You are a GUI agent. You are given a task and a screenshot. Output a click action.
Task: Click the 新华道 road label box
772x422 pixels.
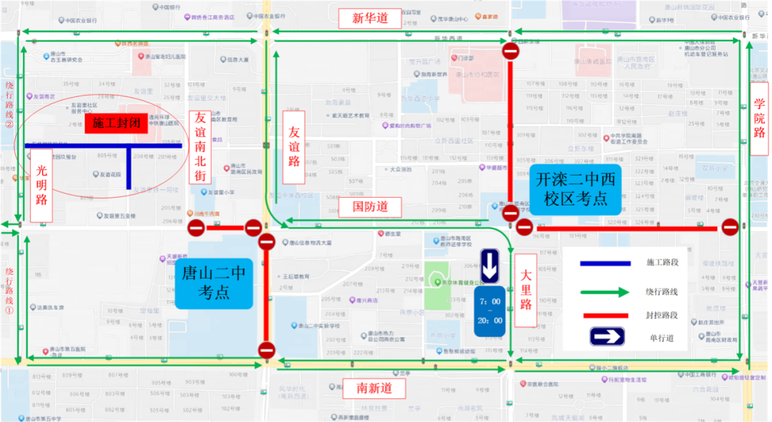pyautogui.click(x=370, y=19)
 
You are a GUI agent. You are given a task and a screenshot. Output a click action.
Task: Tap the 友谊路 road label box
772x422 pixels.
pyautogui.click(x=294, y=146)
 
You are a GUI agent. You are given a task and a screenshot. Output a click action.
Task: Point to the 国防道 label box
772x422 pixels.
pyautogui.click(x=370, y=207)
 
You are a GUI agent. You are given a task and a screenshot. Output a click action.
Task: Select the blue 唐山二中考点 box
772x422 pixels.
pyautogui.click(x=214, y=283)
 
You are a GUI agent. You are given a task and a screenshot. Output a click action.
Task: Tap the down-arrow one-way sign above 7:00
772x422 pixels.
pyautogui.click(x=489, y=266)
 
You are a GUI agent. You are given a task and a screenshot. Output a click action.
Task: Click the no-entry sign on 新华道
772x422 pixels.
pyautogui.click(x=510, y=51)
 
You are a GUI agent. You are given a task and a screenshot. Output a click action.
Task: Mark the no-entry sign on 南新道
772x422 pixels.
pyautogui.click(x=267, y=350)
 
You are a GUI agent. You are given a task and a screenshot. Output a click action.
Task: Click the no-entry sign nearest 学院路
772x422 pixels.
pyautogui.click(x=730, y=227)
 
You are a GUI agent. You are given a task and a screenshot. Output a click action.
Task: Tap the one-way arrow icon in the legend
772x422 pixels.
pyautogui.click(x=607, y=337)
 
